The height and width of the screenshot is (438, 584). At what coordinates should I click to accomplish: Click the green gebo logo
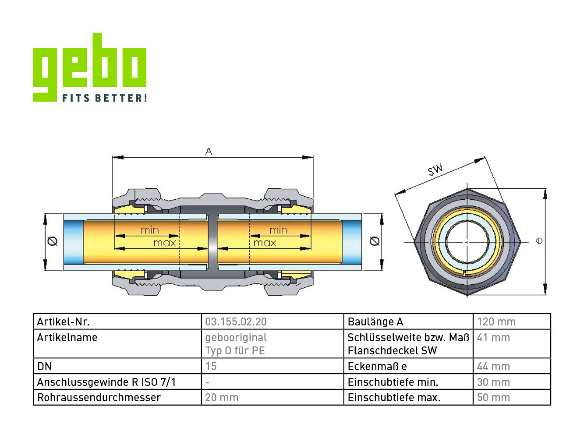pos(89,67)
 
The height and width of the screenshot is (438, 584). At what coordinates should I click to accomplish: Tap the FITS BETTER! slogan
pos(105,98)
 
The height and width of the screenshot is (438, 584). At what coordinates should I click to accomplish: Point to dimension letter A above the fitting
pos(209,152)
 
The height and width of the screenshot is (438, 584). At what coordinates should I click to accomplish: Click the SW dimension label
pos(435,170)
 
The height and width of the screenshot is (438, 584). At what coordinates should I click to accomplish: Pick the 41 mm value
pos(493,337)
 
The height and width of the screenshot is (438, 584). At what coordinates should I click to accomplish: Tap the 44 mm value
pos(493,367)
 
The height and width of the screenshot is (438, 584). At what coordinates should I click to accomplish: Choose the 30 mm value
pos(493,382)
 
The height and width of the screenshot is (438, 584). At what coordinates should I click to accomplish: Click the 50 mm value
pos(493,398)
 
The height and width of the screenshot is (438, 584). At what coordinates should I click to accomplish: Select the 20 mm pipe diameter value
pos(222,398)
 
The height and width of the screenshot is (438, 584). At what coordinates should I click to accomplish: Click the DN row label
pos(44,367)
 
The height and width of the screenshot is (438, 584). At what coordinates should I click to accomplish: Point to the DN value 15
pos(211,367)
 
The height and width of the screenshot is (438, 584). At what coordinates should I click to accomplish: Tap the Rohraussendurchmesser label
pos(99,398)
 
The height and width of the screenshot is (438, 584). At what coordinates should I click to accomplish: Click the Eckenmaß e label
pos(377,367)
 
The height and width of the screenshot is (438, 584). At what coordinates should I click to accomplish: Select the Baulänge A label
pos(375,322)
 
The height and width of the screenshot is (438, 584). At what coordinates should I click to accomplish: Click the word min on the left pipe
pos(150,230)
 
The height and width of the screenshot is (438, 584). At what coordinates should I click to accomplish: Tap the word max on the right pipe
pos(265,243)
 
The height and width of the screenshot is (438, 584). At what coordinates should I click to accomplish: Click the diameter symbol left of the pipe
pos(53,241)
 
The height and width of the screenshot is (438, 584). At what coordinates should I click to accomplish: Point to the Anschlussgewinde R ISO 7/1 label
pos(106,382)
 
